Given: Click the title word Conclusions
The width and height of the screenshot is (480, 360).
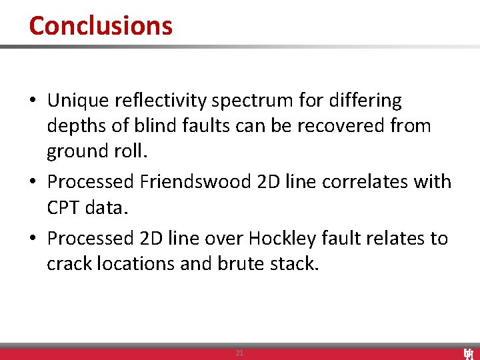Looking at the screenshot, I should [101, 26].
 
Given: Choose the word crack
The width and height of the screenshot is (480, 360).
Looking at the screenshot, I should [69, 263].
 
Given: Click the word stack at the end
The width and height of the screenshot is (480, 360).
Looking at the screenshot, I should [295, 263].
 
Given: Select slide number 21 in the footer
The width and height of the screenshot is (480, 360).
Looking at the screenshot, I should [239, 353].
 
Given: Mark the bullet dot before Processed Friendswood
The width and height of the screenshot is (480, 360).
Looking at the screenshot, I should [33, 182].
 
